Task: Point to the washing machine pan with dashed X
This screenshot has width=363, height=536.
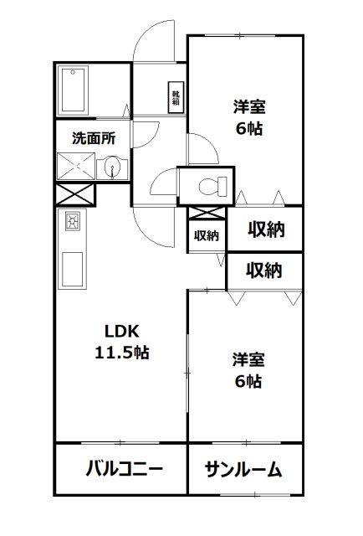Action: (78, 167)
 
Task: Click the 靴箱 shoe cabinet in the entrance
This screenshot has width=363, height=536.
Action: (176, 96)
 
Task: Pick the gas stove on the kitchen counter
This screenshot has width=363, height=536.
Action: (73, 223)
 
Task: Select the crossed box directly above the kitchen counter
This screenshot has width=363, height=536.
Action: (75, 196)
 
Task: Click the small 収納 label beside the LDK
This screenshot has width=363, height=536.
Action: (207, 235)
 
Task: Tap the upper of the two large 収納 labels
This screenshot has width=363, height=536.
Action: (264, 229)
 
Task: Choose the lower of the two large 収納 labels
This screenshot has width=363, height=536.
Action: (264, 270)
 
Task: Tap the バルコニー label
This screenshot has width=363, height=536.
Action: (123, 468)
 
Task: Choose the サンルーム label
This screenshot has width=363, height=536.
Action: (243, 468)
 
